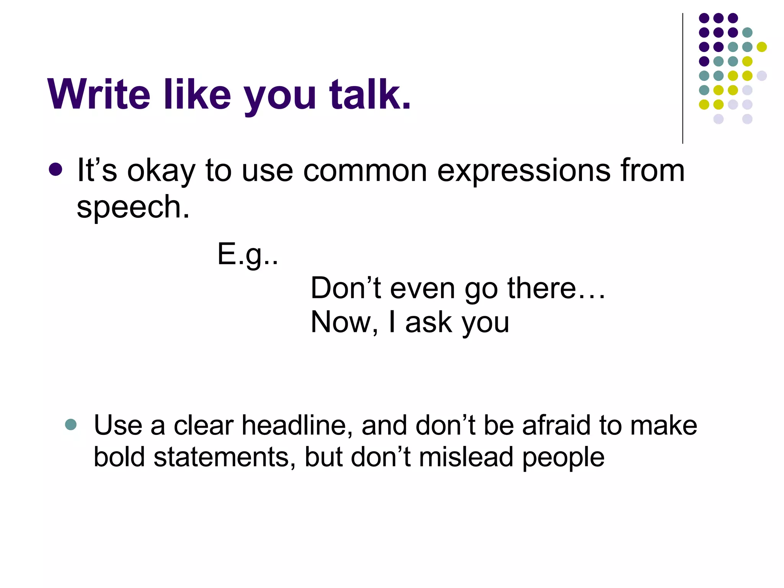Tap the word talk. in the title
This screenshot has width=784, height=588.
point(370,95)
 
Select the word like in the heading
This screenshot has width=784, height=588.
point(197,95)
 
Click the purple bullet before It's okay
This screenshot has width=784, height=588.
point(56,170)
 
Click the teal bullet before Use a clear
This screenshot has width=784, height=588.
point(71,424)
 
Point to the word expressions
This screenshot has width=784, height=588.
point(524,171)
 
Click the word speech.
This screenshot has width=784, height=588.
point(133,207)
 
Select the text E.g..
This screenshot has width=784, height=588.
point(247,254)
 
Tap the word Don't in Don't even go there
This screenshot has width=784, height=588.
point(346,288)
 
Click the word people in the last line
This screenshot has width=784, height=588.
point(563,458)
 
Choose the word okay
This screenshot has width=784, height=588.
point(161,171)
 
